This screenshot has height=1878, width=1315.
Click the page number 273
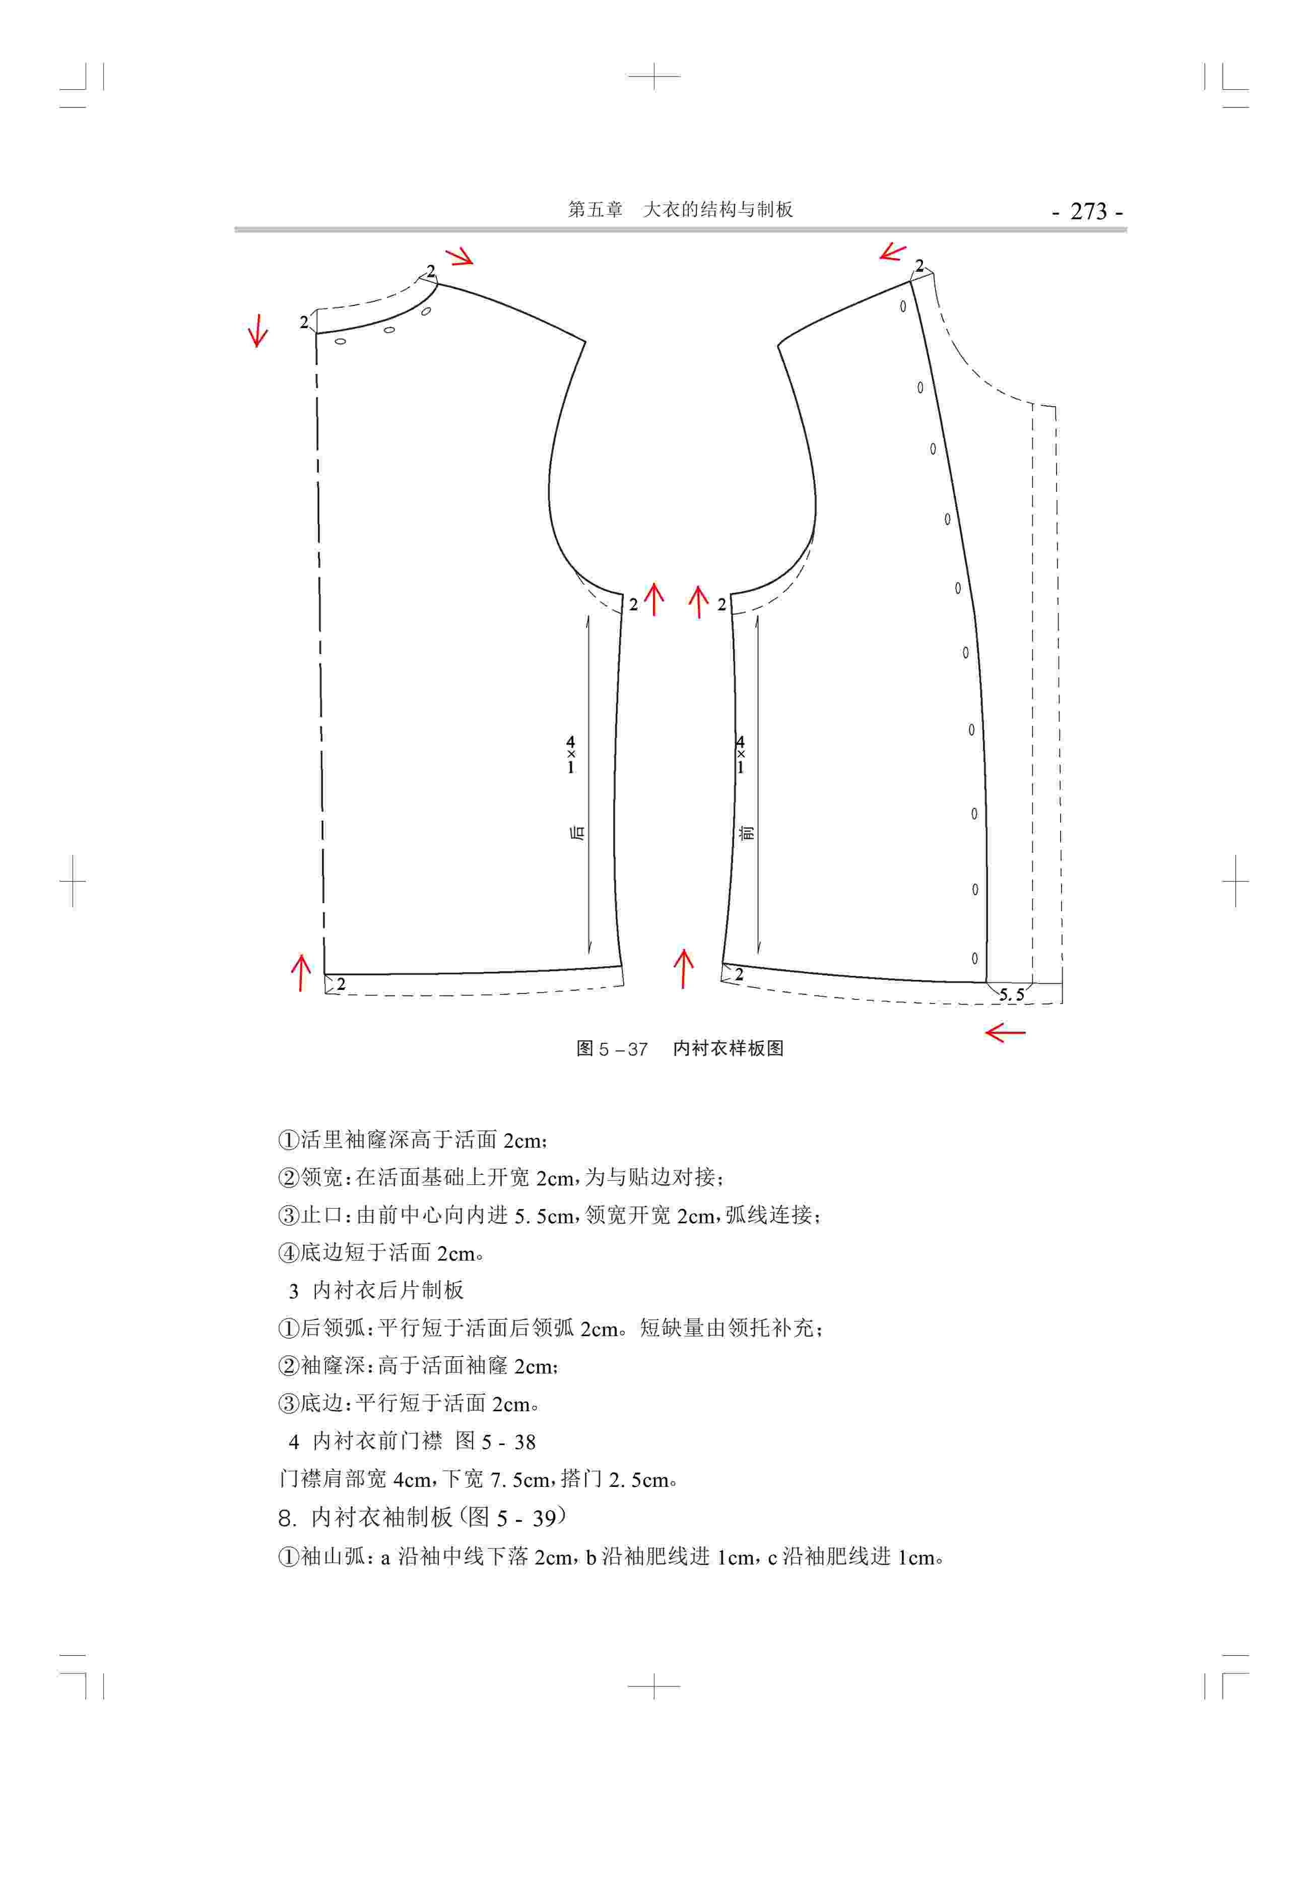(x=1088, y=211)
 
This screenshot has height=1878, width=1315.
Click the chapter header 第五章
(x=596, y=209)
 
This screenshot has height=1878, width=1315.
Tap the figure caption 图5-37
(x=612, y=1048)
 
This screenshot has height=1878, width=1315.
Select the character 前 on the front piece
(x=746, y=833)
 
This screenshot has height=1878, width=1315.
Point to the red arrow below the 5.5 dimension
(x=1005, y=1033)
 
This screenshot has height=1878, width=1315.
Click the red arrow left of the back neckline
(x=257, y=331)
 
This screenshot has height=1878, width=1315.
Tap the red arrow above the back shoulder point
(x=459, y=257)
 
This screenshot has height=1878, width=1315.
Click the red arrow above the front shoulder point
(x=893, y=252)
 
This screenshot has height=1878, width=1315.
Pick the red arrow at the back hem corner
(x=301, y=973)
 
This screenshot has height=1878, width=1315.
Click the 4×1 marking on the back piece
(x=571, y=755)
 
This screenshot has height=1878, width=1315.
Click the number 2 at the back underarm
(x=633, y=605)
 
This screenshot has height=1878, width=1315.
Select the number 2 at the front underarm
(x=721, y=605)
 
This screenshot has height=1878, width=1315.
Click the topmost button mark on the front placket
(x=903, y=307)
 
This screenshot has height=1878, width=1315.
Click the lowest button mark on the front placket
(x=974, y=958)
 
